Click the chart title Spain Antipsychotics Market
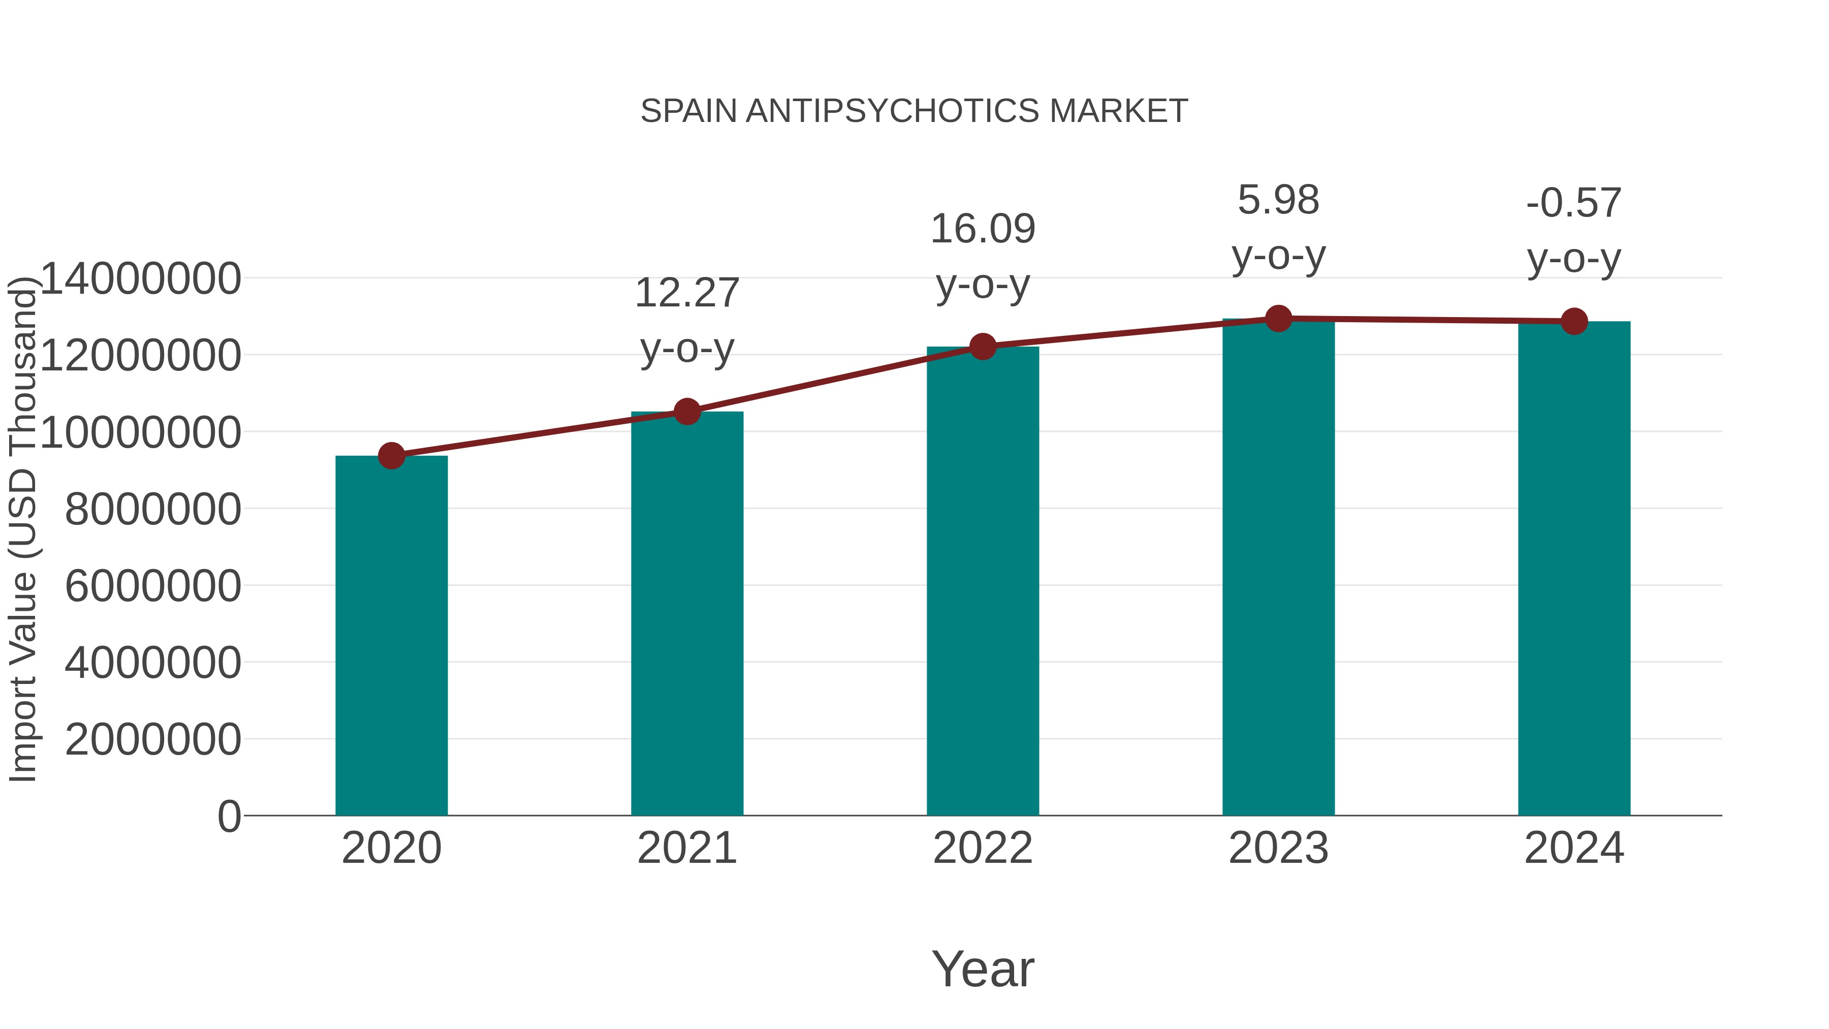914,111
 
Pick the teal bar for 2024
1574,568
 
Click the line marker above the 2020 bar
391,456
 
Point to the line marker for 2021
686,411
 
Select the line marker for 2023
1278,319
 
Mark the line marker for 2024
1574,322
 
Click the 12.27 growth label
686,293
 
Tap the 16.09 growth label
983,229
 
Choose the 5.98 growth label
1278,200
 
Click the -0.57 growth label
1574,203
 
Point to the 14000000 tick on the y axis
141,278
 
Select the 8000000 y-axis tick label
152,509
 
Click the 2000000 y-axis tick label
152,739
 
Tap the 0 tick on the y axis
229,816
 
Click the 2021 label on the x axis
686,848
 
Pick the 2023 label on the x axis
1278,848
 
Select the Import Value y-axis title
23,529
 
